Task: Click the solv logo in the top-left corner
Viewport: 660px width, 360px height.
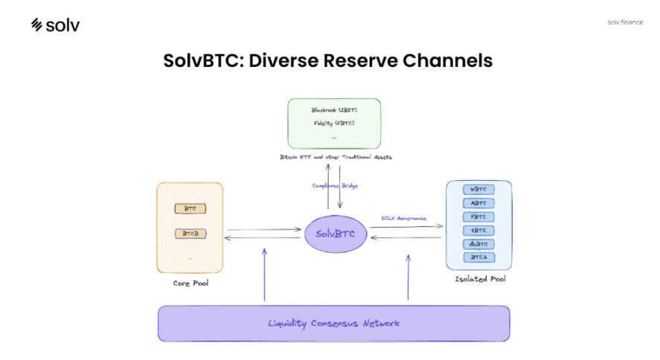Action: (x=55, y=25)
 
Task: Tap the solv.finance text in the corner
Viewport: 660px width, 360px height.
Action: (x=624, y=22)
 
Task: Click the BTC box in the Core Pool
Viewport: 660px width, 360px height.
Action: (x=190, y=209)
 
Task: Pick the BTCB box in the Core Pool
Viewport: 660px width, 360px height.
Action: (x=190, y=234)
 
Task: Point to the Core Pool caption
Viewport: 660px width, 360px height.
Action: (x=190, y=284)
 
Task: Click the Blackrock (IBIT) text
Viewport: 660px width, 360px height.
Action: (x=334, y=110)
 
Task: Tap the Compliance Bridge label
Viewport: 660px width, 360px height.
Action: (x=334, y=185)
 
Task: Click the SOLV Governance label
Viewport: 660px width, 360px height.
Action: (x=403, y=218)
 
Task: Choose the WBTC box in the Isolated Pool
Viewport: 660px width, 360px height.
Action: (x=478, y=190)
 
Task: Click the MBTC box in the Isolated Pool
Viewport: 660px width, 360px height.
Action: (x=478, y=203)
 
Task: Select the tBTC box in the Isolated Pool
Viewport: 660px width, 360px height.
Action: (x=478, y=230)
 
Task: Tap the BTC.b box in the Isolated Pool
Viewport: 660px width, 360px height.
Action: (x=478, y=257)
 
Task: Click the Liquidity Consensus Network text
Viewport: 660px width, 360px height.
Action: (x=333, y=324)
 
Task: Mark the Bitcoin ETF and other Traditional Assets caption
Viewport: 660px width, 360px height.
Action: (x=334, y=157)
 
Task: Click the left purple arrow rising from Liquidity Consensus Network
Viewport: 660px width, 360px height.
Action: (x=264, y=275)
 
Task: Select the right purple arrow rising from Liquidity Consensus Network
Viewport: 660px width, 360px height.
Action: (x=408, y=277)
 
